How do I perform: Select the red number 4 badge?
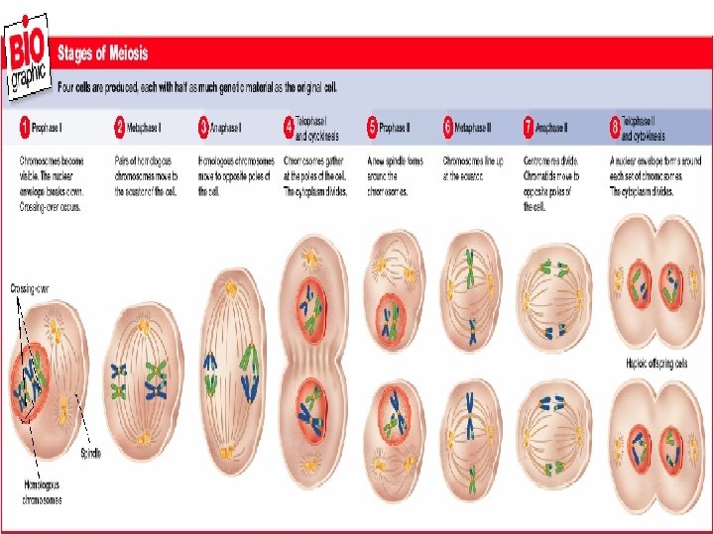290,128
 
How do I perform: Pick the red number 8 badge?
615,128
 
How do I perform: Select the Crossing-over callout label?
29,288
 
